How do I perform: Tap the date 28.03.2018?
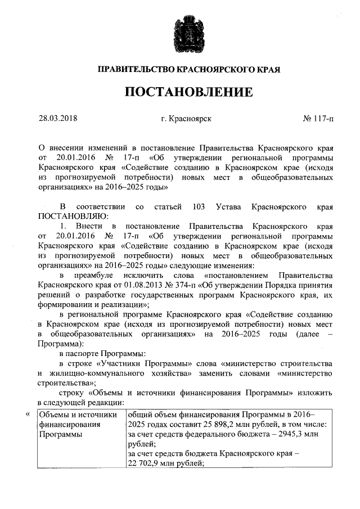(57, 119)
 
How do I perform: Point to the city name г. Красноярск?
(186, 119)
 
